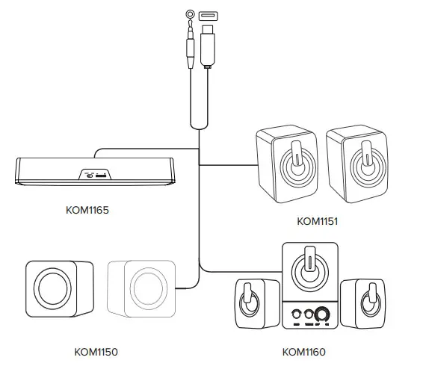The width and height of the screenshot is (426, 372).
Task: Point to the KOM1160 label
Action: pyautogui.click(x=304, y=351)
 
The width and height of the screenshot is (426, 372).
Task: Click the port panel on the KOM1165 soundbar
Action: pyautogui.click(x=95, y=175)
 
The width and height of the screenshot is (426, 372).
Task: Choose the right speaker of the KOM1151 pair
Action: pyautogui.click(x=356, y=166)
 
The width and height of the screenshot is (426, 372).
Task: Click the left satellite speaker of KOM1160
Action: pyautogui.click(x=251, y=305)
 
